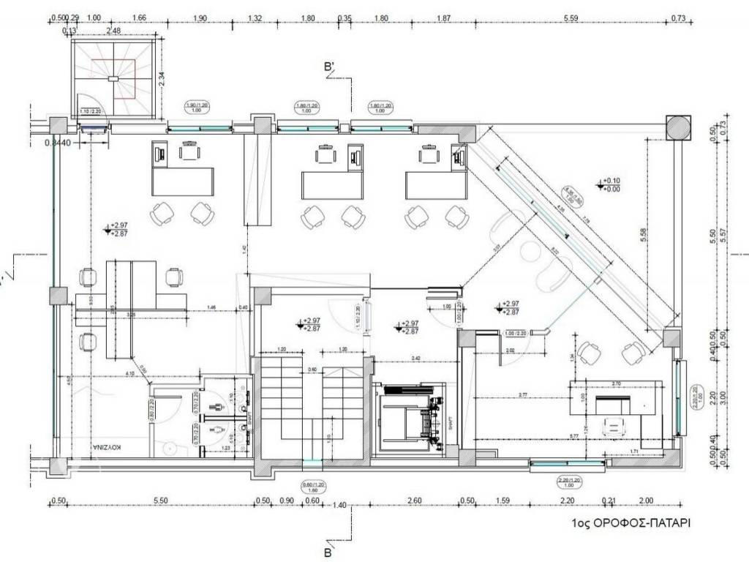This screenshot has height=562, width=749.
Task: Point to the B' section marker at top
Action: point(330,67)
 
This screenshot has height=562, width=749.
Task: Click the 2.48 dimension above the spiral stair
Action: point(113,31)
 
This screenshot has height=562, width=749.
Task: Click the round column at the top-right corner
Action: point(677,126)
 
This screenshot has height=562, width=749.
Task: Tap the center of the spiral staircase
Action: point(113,78)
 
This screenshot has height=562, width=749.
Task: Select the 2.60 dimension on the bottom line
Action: point(413,501)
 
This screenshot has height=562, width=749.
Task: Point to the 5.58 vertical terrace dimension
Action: point(643,234)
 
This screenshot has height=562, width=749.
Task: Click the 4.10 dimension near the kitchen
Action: point(129,375)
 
